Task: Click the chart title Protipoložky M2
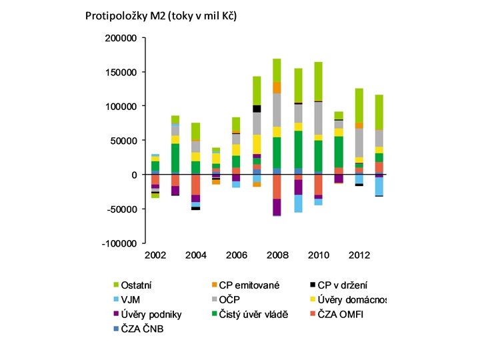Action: [161, 15]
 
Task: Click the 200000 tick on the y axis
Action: [121, 38]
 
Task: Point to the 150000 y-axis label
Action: [121, 72]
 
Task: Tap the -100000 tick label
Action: [119, 244]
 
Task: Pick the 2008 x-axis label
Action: [277, 256]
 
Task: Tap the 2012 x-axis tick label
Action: [358, 256]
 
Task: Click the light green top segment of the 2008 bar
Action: [277, 70]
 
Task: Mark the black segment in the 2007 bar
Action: [257, 109]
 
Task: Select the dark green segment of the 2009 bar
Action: [297, 149]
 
